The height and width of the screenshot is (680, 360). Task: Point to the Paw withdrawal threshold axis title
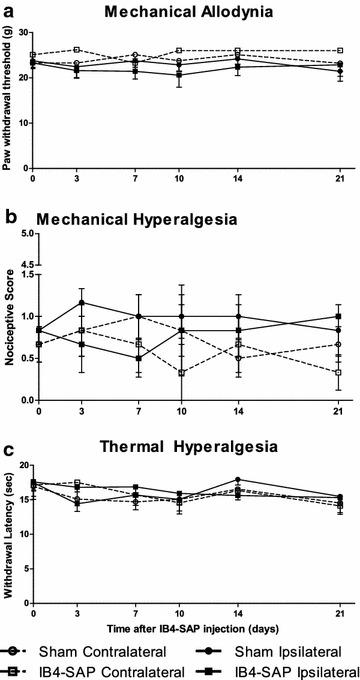(9, 98)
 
